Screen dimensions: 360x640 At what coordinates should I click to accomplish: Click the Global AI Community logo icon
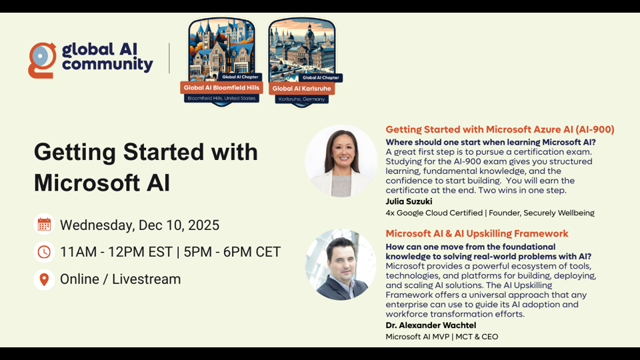pyautogui.click(x=42, y=60)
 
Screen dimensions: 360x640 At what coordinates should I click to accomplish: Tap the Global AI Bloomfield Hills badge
pyautogui.click(x=222, y=60)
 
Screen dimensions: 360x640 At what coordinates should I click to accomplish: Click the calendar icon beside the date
pyautogui.click(x=44, y=225)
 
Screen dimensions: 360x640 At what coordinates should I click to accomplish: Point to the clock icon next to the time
pyautogui.click(x=44, y=252)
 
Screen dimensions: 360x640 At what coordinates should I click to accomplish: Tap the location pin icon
pyautogui.click(x=44, y=279)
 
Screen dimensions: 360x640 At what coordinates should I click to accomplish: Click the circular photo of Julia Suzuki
pyautogui.click(x=341, y=161)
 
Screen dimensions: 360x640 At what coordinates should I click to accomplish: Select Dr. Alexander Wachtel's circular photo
pyautogui.click(x=341, y=265)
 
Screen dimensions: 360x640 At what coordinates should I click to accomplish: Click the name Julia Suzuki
pyautogui.click(x=409, y=201)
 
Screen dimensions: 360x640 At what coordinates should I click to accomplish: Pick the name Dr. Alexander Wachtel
pyautogui.click(x=431, y=325)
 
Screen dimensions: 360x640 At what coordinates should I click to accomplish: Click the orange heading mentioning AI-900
pyautogui.click(x=499, y=129)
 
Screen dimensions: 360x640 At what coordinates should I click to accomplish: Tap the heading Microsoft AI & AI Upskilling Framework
pyautogui.click(x=477, y=233)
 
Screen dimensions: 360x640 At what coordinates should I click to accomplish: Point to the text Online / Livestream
pyautogui.click(x=120, y=279)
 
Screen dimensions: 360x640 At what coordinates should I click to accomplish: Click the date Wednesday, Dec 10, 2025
pyautogui.click(x=139, y=225)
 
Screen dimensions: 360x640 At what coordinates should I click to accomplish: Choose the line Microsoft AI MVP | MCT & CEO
pyautogui.click(x=441, y=337)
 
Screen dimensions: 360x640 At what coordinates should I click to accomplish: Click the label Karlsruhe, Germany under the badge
pyautogui.click(x=301, y=99)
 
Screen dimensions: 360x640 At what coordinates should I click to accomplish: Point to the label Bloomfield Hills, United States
pyautogui.click(x=221, y=98)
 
